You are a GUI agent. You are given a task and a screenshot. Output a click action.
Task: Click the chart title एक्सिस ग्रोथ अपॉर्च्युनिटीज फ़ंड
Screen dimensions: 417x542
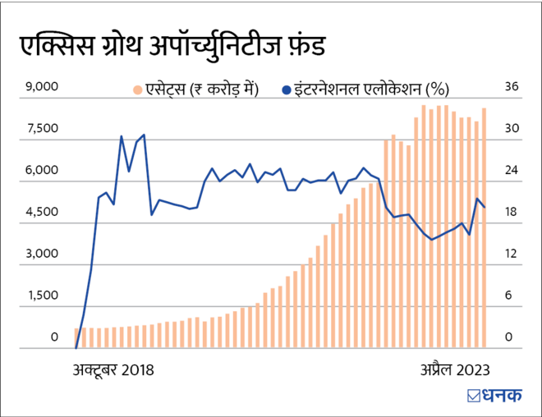[x=172, y=46]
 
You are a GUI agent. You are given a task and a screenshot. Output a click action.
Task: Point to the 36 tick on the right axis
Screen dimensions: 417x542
[x=511, y=86]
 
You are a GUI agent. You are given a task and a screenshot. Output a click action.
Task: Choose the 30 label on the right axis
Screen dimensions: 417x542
[x=511, y=128]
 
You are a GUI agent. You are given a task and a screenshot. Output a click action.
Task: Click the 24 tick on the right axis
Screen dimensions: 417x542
[x=511, y=171]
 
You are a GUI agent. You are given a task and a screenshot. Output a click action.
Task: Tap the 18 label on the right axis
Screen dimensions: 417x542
[x=511, y=212]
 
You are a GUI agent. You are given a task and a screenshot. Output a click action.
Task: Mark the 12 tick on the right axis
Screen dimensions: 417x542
[x=511, y=254]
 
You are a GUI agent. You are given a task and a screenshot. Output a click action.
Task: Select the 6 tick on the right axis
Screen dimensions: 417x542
[x=511, y=296]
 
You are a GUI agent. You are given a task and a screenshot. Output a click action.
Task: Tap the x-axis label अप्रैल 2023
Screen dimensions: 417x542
[x=449, y=369]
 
